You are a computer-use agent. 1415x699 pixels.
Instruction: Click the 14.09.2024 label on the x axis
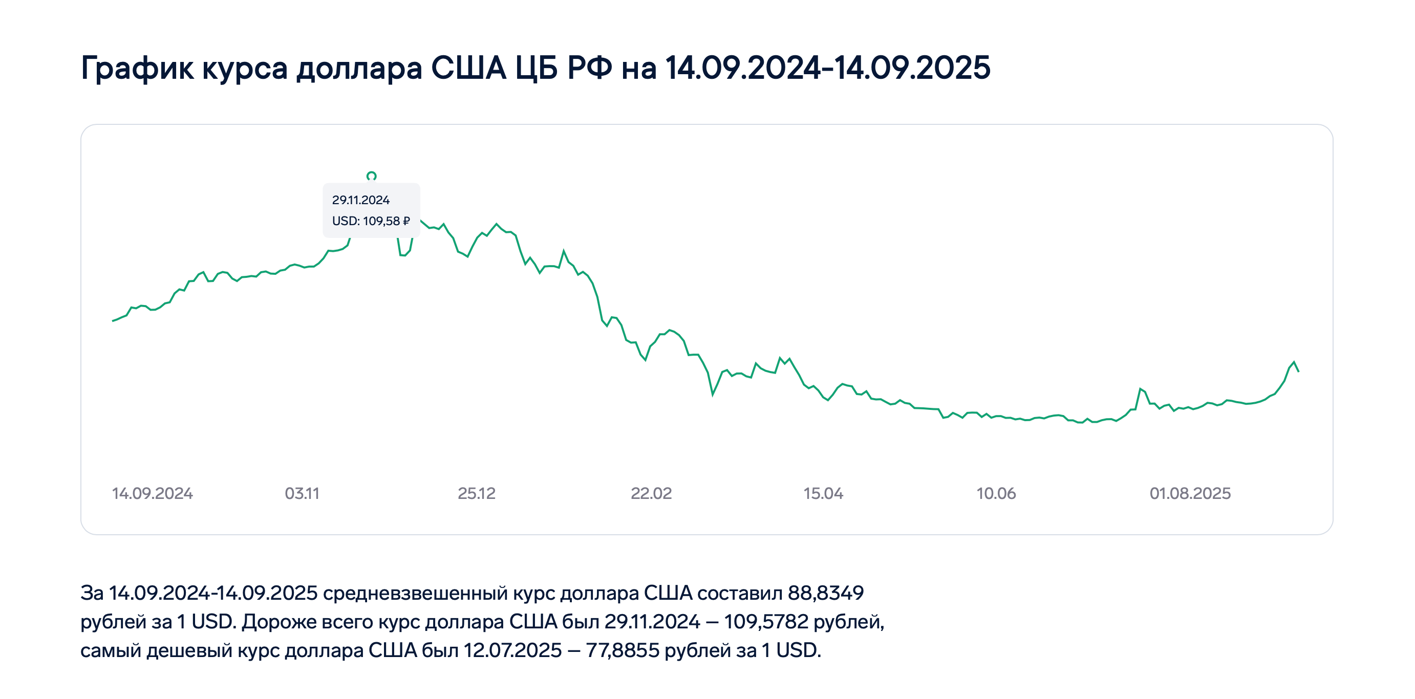[x=152, y=493]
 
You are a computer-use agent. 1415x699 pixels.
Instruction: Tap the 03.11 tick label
[x=302, y=493]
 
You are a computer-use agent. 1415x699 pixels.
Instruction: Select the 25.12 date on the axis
[x=476, y=493]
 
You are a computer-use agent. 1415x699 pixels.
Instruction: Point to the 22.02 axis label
[x=651, y=493]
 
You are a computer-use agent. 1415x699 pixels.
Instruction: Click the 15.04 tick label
[x=823, y=493]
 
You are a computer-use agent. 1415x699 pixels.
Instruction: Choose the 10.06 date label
[x=996, y=493]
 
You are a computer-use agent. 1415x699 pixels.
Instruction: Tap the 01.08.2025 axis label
[x=1190, y=493]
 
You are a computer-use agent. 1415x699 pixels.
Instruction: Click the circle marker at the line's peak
[x=371, y=176]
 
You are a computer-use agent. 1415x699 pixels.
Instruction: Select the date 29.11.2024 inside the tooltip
[x=360, y=200]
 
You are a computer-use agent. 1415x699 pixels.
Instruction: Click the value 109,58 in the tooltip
[x=381, y=221]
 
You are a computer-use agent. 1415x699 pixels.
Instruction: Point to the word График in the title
[x=137, y=68]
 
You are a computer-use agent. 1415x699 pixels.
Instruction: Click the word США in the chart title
[x=468, y=68]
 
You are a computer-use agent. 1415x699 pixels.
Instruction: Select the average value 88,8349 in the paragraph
[x=826, y=593]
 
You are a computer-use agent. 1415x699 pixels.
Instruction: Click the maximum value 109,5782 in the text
[x=766, y=622]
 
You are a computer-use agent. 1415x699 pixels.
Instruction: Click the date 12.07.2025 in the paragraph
[x=512, y=650]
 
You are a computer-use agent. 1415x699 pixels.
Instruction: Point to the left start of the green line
[x=113, y=321]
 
